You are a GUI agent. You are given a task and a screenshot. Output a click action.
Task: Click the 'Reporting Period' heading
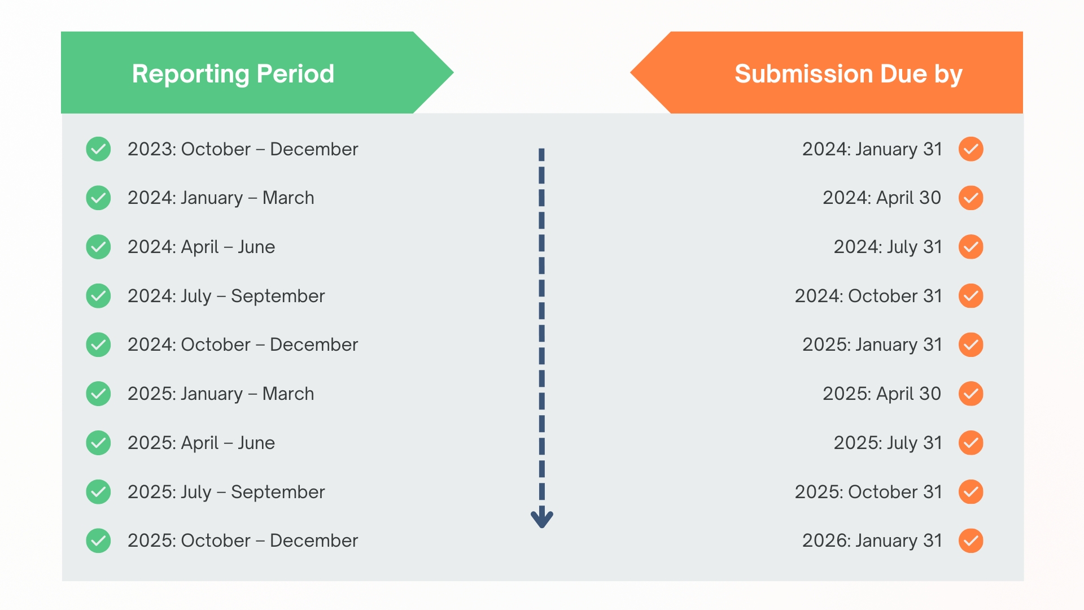(233, 74)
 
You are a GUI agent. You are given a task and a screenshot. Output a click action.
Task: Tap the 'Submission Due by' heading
(849, 74)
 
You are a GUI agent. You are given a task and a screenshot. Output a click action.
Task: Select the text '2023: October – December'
(243, 149)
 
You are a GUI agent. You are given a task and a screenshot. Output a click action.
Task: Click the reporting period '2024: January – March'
(221, 198)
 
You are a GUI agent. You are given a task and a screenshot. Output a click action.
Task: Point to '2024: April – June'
(201, 247)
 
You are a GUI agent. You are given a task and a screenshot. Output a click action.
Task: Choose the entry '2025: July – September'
(226, 492)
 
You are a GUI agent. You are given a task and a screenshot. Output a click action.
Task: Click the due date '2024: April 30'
(882, 198)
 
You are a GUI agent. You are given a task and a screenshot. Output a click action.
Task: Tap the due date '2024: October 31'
(868, 296)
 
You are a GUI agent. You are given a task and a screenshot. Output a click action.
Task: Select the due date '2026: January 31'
(872, 541)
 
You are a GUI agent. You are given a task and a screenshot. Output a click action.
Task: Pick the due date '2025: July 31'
(888, 443)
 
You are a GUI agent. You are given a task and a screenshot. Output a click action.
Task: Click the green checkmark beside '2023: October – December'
(98, 149)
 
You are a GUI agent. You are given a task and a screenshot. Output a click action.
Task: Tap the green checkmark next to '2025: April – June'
(98, 443)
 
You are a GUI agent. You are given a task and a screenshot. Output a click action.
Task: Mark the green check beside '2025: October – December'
(98, 541)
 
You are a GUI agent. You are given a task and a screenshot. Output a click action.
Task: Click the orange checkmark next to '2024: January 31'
(971, 149)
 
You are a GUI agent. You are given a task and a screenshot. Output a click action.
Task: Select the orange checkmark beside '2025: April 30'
(971, 394)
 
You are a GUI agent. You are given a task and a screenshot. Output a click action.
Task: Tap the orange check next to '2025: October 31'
(971, 491)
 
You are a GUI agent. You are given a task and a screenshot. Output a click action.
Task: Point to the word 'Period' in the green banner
(295, 74)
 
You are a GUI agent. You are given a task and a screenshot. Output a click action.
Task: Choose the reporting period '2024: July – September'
(226, 296)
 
